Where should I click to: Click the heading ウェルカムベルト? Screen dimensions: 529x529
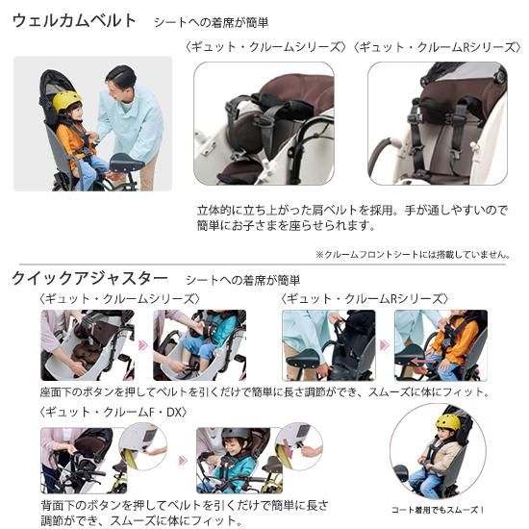[74, 21]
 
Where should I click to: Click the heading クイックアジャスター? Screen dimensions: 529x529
[89, 279]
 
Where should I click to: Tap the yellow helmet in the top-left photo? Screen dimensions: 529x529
[66, 101]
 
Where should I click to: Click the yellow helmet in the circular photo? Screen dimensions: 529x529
[447, 422]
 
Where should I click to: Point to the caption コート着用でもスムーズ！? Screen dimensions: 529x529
[438, 510]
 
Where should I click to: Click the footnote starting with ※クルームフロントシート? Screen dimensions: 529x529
[413, 254]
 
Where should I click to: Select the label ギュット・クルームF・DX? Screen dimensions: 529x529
[113, 412]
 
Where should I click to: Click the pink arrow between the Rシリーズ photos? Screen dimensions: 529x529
[385, 345]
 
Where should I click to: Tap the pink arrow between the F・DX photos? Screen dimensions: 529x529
[183, 460]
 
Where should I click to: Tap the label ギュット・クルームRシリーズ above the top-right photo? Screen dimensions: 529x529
[437, 47]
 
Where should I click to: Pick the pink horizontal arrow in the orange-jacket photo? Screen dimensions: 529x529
[424, 362]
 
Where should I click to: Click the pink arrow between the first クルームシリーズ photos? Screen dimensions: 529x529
[143, 345]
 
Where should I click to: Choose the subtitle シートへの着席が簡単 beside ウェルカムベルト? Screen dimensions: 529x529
[212, 23]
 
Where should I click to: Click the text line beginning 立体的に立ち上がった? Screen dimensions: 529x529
[352, 211]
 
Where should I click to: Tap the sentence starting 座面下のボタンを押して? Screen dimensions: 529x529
[264, 392]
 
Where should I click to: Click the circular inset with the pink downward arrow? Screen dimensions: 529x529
[299, 446]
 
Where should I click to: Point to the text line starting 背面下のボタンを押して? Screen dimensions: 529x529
[185, 505]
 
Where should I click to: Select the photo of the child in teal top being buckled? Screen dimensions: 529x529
[199, 345]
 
